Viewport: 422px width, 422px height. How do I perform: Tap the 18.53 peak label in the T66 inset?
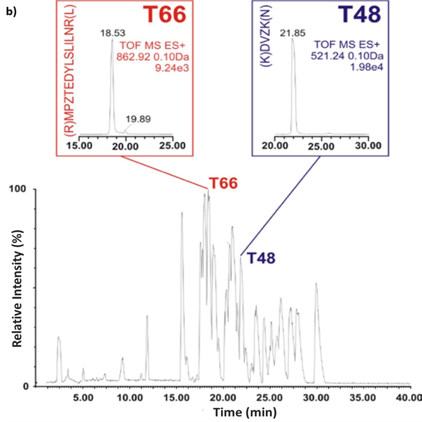pos(112,33)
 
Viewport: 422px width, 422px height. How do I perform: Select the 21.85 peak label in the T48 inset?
pos(291,33)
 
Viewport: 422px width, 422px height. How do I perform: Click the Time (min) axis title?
pos(244,412)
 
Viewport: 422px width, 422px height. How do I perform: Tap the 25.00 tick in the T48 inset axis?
pos(322,145)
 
